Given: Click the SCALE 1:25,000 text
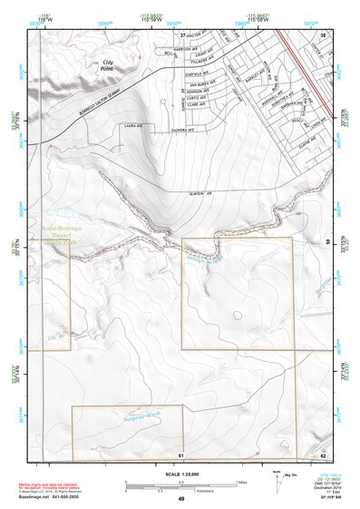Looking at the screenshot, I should point(180,475).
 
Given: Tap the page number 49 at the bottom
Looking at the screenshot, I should point(180,499).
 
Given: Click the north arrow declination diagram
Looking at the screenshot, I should point(277,477).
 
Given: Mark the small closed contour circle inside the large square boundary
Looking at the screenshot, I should point(238,317).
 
